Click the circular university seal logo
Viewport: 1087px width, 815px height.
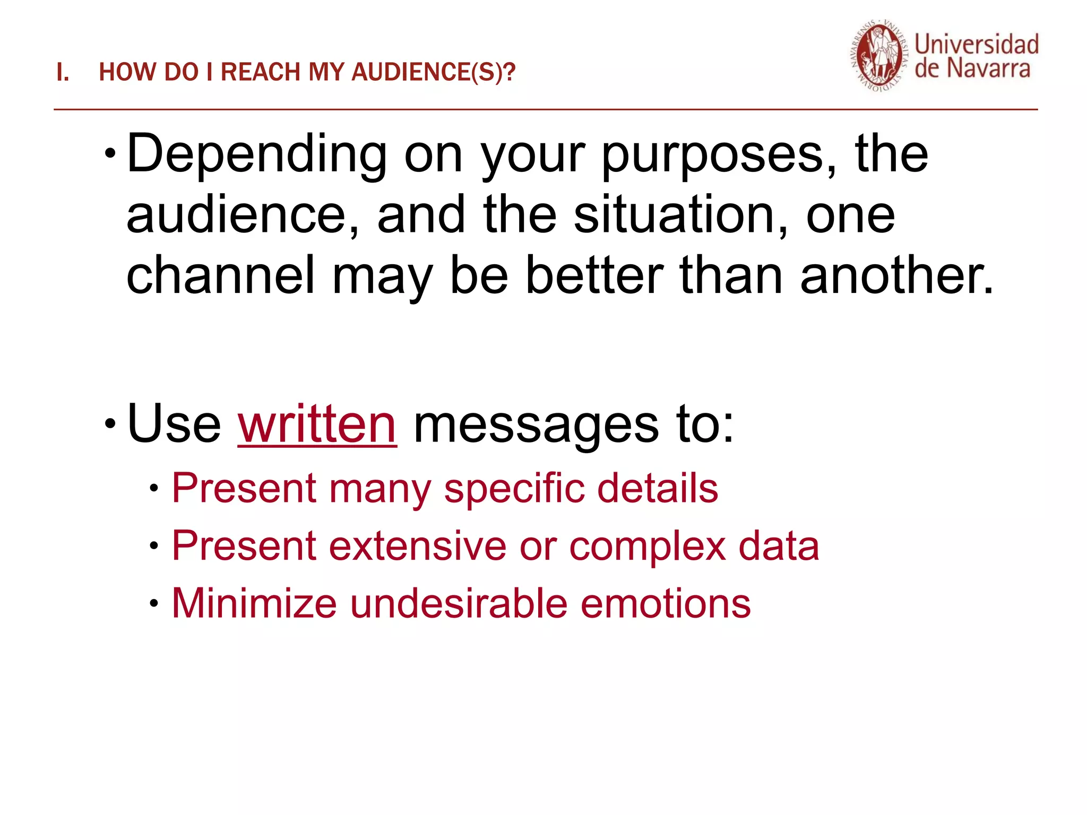pos(879,57)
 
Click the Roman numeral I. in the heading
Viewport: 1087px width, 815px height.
pos(63,73)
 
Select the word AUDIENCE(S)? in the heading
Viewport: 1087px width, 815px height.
pos(433,73)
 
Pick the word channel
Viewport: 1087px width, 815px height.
pos(221,275)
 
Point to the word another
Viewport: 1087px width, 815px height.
pos(896,275)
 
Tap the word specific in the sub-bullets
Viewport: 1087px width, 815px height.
pos(514,489)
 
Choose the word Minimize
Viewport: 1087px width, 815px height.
pos(254,604)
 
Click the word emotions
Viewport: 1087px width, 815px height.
pos(666,604)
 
